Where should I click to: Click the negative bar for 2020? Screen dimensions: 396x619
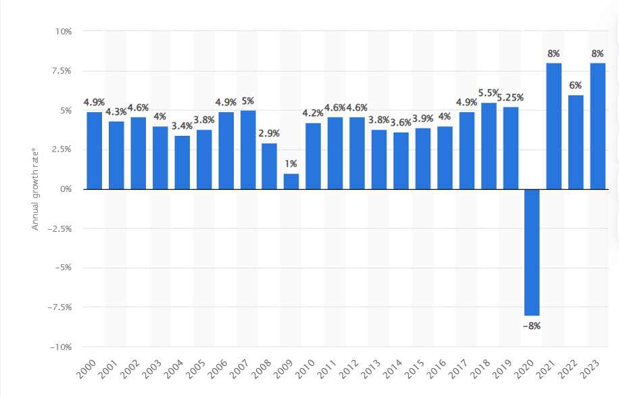[532, 252]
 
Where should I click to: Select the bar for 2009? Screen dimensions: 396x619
[291, 181]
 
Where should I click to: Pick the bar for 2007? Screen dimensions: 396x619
[248, 150]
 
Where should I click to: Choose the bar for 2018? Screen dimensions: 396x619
[488, 146]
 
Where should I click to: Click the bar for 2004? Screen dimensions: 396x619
[182, 162]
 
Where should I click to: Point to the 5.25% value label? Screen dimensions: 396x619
[511, 97]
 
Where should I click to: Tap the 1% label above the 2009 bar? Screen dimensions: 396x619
[291, 164]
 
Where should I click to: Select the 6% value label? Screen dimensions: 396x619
[575, 84]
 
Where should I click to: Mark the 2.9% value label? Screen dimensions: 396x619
[270, 134]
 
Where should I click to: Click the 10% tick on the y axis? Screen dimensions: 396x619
[64, 32]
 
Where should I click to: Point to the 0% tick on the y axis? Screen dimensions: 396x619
[66, 189]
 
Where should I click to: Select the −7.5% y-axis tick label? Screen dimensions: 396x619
[61, 307]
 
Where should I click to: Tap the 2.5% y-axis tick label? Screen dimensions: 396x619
[63, 150]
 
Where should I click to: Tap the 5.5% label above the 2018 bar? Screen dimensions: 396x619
[488, 93]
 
